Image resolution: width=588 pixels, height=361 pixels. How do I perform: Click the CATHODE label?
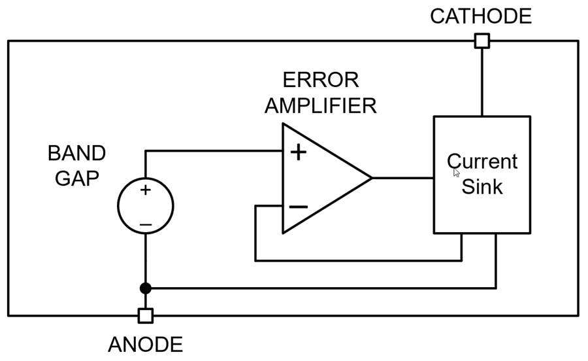(x=481, y=16)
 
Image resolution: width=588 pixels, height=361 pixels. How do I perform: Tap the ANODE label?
(x=145, y=344)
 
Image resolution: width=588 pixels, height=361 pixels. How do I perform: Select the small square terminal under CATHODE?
(x=482, y=41)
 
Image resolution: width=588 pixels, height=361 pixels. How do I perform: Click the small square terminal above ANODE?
(x=146, y=316)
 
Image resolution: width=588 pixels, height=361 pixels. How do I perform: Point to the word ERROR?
(x=321, y=80)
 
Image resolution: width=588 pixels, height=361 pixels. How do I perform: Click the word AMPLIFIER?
(x=321, y=105)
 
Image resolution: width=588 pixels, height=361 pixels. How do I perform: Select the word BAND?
(x=76, y=154)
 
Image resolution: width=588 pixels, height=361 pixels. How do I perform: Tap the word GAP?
(x=76, y=179)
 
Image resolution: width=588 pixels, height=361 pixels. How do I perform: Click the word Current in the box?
(x=482, y=162)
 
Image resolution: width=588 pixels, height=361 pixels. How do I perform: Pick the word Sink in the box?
(x=482, y=187)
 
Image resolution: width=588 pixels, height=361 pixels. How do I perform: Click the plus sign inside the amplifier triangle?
(x=298, y=152)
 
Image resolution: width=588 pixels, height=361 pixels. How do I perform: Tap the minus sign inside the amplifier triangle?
(x=298, y=206)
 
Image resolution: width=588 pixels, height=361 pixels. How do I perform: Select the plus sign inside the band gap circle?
(x=145, y=190)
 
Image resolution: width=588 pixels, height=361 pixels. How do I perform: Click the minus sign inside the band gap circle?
(x=145, y=225)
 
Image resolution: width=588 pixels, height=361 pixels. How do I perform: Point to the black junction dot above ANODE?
(x=146, y=288)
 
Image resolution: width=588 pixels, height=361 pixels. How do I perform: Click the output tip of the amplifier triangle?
(x=370, y=177)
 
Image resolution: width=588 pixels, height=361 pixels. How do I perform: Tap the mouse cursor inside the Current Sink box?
(x=456, y=172)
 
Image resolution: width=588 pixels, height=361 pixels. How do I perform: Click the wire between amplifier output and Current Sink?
(x=403, y=177)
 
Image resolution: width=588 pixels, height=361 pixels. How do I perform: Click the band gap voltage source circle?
(x=146, y=207)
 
